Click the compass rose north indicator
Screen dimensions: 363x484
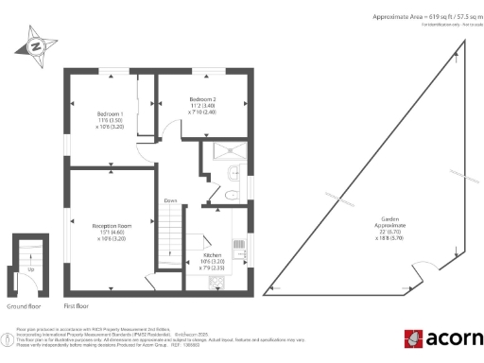pyautogui.click(x=35, y=44)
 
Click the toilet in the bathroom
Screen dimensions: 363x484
pyautogui.click(x=233, y=193)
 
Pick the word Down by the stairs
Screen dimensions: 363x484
pyautogui.click(x=170, y=200)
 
